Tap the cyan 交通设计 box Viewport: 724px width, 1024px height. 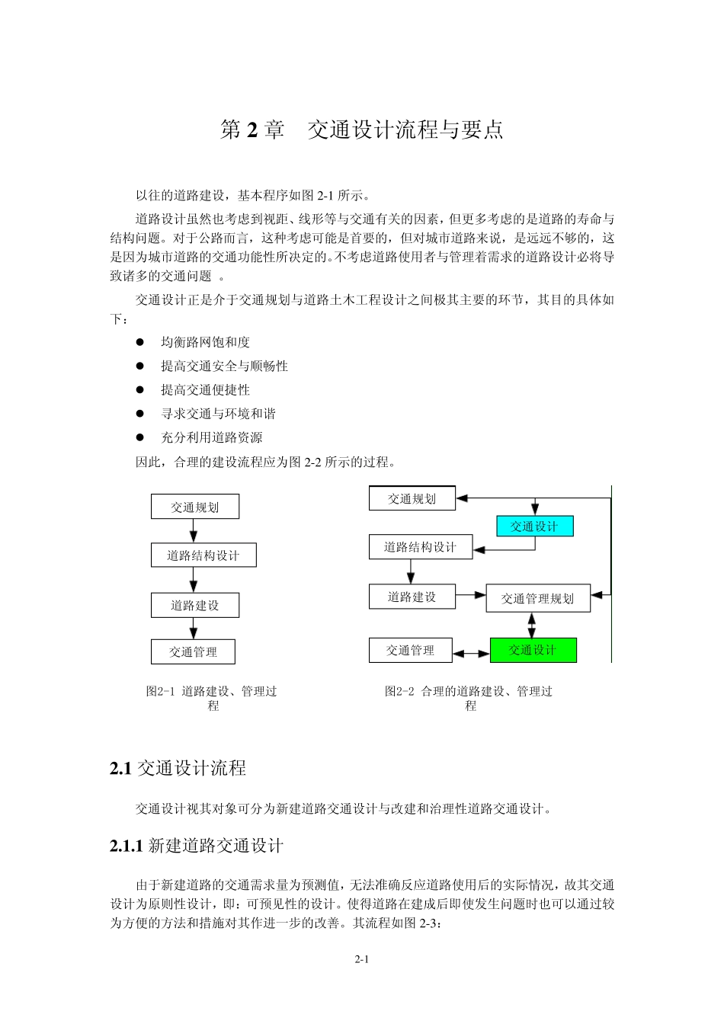(534, 526)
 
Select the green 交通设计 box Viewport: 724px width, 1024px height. (533, 650)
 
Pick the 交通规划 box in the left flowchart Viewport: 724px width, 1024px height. (194, 507)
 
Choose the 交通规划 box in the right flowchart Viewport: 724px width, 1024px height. (412, 499)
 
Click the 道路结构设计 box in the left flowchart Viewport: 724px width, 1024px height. (203, 555)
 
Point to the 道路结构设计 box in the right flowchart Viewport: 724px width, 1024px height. (420, 547)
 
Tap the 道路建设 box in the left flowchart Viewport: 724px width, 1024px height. (194, 606)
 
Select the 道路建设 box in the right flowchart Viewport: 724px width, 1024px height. (412, 597)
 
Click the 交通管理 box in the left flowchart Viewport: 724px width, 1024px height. (193, 652)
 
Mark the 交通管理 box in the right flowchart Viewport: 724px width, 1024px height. (410, 651)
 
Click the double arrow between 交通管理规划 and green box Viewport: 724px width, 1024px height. (532, 625)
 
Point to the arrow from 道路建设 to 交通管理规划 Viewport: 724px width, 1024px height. (471, 596)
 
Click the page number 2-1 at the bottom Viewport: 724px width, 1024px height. (361, 959)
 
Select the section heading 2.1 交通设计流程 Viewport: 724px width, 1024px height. (178, 769)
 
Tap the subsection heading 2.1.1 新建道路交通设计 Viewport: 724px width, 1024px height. (197, 846)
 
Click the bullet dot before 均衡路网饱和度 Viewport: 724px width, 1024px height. (140, 343)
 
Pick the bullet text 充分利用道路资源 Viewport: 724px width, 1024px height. (211, 437)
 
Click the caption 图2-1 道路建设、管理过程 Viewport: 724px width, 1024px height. (212, 698)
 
